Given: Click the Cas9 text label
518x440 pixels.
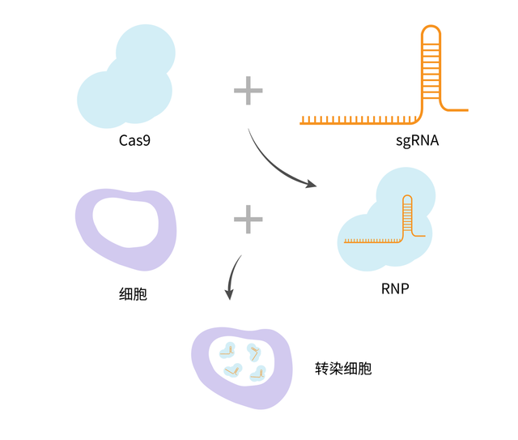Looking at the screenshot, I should pyautogui.click(x=134, y=141).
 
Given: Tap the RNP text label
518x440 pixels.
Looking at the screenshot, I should pyautogui.click(x=393, y=287).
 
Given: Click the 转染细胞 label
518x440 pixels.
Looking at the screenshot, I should pyautogui.click(x=343, y=368).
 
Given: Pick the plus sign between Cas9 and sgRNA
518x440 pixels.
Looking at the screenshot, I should pyautogui.click(x=248, y=90).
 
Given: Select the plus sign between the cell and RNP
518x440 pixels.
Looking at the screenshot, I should pyautogui.click(x=248, y=218).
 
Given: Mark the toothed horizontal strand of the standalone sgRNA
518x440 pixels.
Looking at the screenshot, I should pyautogui.click(x=356, y=121).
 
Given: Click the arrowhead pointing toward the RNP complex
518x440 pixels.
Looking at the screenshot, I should pyautogui.click(x=311, y=185).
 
